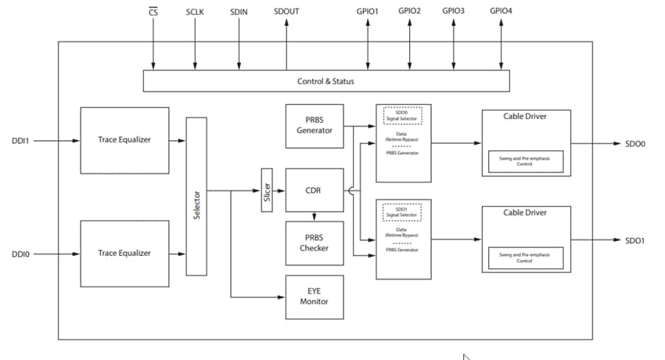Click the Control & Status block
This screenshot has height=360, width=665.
tap(326, 81)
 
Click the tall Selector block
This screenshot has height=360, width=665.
tap(196, 196)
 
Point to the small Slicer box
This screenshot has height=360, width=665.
tap(267, 190)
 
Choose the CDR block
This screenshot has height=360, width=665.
tap(315, 190)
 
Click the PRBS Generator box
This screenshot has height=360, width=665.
tap(315, 125)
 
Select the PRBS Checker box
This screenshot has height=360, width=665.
tap(315, 243)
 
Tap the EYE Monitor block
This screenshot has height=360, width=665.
tap(315, 297)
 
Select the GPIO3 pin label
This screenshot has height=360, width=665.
tap(453, 11)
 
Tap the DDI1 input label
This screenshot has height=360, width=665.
tap(20, 141)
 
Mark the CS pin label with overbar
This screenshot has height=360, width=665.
tap(154, 13)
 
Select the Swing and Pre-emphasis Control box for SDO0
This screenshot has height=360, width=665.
tap(525, 161)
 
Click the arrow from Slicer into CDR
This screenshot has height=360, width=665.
tap(279, 190)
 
